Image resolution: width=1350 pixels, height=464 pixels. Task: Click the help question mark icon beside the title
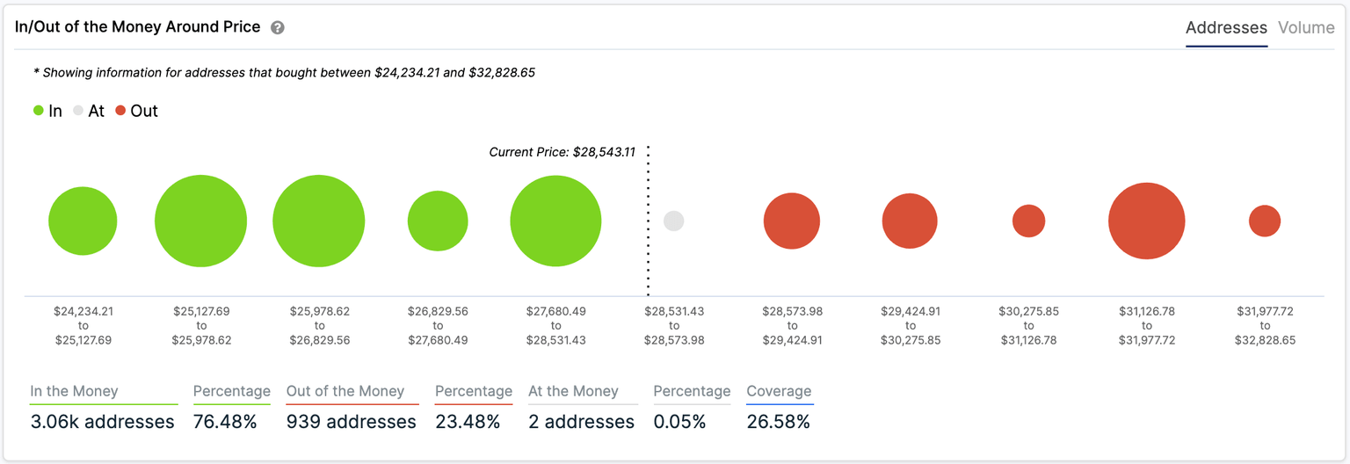tap(278, 27)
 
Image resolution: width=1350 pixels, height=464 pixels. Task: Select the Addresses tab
tap(1226, 27)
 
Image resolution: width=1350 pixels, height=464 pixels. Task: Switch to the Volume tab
tap(1306, 27)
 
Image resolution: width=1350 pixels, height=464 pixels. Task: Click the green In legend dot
tap(39, 111)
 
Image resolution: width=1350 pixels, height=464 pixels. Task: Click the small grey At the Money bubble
tap(673, 221)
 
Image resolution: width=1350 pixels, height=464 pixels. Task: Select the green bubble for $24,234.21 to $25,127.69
tap(83, 221)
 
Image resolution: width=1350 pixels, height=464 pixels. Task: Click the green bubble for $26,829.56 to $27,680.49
tap(438, 221)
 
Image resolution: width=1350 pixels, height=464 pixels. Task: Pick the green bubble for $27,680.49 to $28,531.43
tap(555, 221)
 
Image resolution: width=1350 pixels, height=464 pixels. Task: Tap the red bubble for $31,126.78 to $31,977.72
tap(1146, 221)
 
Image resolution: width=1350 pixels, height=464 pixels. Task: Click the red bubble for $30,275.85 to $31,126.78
tap(1028, 221)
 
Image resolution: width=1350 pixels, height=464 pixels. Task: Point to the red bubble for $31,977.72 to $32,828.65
tap(1265, 221)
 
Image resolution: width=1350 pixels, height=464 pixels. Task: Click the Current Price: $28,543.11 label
tap(562, 152)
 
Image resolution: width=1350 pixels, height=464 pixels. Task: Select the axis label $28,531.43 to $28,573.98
tap(673, 325)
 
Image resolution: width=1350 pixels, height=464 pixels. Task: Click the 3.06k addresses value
tap(102, 422)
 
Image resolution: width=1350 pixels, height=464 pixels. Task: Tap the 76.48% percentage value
tap(225, 422)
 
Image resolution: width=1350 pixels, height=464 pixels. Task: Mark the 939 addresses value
tap(351, 422)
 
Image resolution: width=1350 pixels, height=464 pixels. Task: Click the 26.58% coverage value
tap(778, 422)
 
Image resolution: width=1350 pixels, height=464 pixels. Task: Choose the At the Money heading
tap(573, 391)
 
